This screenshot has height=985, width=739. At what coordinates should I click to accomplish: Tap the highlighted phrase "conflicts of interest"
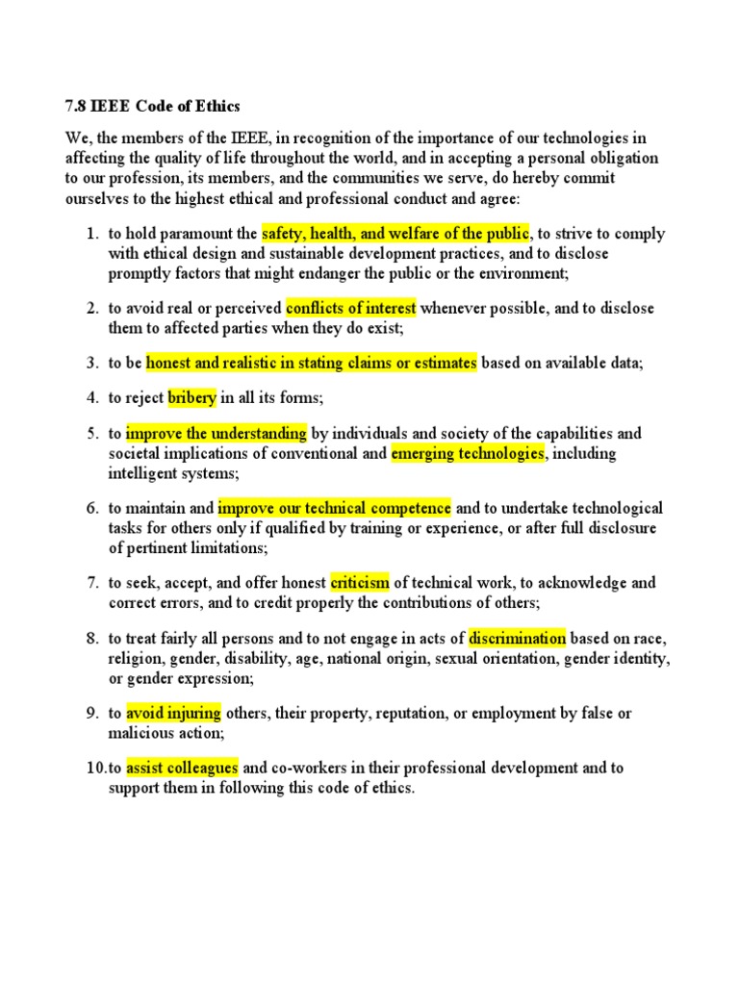click(x=351, y=308)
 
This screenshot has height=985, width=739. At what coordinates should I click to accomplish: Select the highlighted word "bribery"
click(x=192, y=397)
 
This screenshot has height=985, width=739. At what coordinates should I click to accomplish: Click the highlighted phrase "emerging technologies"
click(x=468, y=453)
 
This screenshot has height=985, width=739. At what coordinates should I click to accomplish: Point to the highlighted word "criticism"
click(x=360, y=582)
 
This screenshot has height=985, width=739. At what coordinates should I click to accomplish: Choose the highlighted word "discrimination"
click(x=517, y=638)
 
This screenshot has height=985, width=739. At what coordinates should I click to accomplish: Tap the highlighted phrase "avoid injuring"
click(x=173, y=713)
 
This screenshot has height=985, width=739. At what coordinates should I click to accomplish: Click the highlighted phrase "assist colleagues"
click(x=182, y=768)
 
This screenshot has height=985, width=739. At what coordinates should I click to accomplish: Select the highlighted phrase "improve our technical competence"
click(x=334, y=507)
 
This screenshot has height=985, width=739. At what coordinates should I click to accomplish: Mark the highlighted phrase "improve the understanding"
click(x=217, y=433)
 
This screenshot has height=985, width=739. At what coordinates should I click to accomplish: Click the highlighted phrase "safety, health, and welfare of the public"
click(x=395, y=233)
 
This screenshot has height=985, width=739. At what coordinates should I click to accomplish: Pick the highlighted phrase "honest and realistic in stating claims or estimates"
click(x=311, y=363)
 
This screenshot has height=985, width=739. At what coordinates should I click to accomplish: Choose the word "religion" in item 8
click(x=135, y=659)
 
